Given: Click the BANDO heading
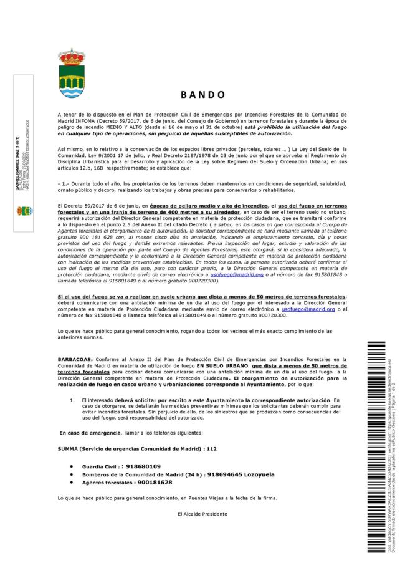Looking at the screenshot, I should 202,95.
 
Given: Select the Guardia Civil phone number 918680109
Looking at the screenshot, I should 143,466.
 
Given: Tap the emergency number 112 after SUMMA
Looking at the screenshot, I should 193,448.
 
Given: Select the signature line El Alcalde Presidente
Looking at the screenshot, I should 202,514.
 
